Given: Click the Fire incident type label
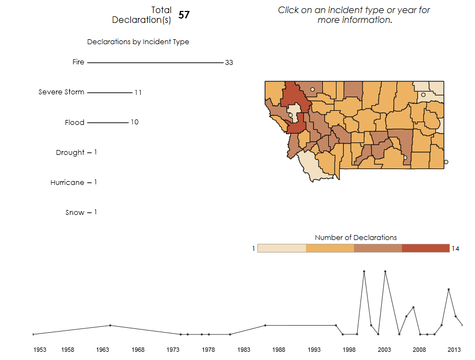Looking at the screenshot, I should [79, 62].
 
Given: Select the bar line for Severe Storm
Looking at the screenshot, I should [109, 93].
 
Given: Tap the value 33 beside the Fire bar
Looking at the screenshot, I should [229, 63].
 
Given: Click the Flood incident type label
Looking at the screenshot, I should [75, 123].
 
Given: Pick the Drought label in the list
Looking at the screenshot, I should [70, 153].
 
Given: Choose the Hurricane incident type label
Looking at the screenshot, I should [68, 183].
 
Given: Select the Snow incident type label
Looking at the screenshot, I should [75, 213].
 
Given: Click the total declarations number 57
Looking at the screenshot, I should [184, 15].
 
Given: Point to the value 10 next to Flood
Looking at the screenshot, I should [134, 122].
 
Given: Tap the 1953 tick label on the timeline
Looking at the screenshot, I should [40, 350].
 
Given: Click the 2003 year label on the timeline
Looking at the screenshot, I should [384, 350].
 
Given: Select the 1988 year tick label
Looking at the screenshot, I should [279, 350].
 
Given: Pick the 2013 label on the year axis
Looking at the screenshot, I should [454, 350].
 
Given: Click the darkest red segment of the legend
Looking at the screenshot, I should [425, 248].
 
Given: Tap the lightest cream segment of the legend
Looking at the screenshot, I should [281, 248].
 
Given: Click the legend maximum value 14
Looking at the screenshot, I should [456, 249].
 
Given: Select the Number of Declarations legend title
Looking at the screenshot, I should [356, 237].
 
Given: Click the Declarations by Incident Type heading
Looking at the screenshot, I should [138, 42].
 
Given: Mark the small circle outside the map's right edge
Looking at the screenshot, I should [446, 162].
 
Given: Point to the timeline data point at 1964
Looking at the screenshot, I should [110, 326].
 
